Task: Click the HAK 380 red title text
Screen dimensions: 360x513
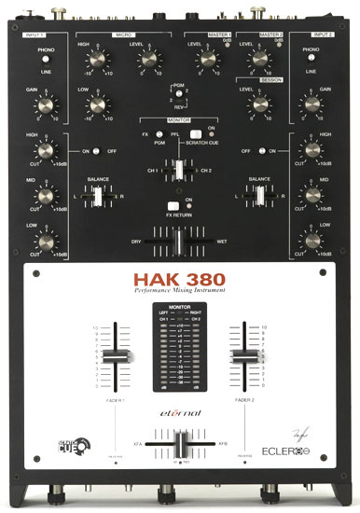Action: pyautogui.click(x=179, y=281)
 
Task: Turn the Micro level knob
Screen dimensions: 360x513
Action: pyautogui.click(x=146, y=60)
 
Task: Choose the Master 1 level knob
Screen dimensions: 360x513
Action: pyautogui.click(x=206, y=59)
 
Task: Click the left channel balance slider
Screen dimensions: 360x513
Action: pyautogui.click(x=97, y=197)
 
